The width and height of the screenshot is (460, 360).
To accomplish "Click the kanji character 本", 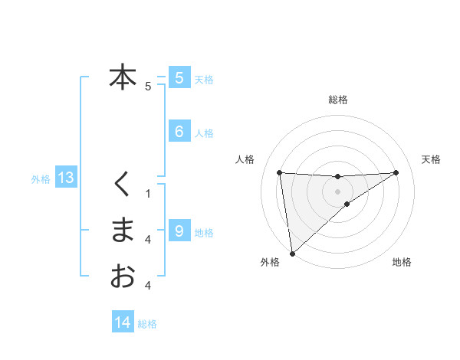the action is click(x=122, y=77).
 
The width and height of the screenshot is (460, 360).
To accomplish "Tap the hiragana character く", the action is click(x=122, y=183).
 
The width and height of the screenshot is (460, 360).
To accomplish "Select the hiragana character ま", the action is click(x=122, y=230).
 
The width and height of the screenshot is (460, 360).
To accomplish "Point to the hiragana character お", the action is click(x=122, y=275).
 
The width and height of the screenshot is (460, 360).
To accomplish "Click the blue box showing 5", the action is click(x=179, y=77).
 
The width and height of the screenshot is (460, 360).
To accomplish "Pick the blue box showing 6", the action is click(x=179, y=132).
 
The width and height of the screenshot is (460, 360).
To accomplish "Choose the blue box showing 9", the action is click(x=179, y=231).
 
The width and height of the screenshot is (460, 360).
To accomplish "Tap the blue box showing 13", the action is click(x=66, y=178).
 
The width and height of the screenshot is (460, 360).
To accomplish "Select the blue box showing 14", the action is click(x=123, y=322).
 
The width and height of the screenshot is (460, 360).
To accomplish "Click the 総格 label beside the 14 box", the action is click(x=147, y=324).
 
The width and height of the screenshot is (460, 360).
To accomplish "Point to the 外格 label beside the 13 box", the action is click(x=41, y=179).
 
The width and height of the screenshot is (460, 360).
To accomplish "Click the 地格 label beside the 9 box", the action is click(x=204, y=232).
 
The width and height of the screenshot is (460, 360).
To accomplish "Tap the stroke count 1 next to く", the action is click(x=148, y=193).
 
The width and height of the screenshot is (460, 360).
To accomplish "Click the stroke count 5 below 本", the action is click(x=148, y=87).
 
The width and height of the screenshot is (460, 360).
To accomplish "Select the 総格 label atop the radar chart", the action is click(x=337, y=100).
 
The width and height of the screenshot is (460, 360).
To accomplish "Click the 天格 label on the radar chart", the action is click(x=431, y=159).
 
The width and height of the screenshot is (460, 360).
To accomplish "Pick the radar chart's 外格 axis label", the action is click(x=270, y=263).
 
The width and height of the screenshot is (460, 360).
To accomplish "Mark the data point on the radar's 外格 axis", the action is click(x=291, y=253).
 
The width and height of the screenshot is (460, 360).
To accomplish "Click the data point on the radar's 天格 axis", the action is click(x=396, y=172).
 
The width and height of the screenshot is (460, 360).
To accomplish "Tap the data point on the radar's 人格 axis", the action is click(x=279, y=172).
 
